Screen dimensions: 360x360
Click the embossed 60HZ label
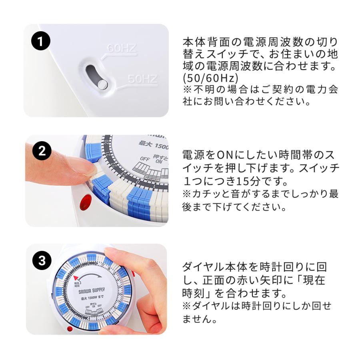coord(122,49)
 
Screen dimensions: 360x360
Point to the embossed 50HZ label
coord(142,79)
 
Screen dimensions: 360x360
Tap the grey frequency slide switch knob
coord(103,84)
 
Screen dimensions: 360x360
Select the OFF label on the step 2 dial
coord(144,159)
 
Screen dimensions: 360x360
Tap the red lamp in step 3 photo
coord(70,329)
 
